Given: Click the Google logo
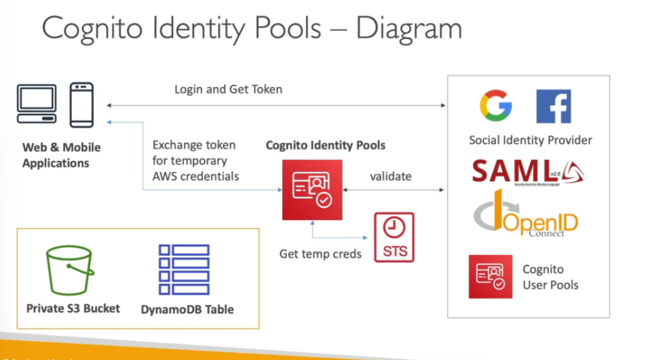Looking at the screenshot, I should point(496,106).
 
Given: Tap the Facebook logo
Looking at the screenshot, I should point(553,106).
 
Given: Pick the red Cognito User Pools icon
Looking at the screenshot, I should point(490,276).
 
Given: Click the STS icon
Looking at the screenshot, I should point(394,237).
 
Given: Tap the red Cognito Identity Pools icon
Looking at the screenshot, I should point(312,190).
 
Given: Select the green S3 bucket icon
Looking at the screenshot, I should point(70,271).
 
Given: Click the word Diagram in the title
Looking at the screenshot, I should point(409,29).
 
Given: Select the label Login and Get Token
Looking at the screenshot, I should point(228,90).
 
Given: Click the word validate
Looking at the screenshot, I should point(390,176).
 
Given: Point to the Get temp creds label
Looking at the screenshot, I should point(320,254).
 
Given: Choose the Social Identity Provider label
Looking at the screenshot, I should point(530,140).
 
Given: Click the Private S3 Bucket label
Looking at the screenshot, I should point(73,308).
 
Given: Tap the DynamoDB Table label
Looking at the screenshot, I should point(187,309).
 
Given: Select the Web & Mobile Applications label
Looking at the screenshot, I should point(61,155).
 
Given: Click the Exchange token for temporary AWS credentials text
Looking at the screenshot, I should point(195,160).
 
